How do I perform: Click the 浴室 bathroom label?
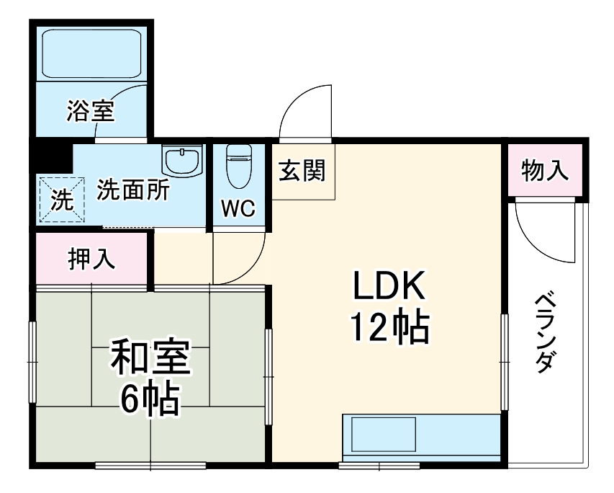(92, 112)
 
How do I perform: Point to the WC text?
(238, 208)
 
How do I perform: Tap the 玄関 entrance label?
(302, 171)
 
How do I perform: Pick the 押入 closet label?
(91, 259)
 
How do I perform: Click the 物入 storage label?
(545, 171)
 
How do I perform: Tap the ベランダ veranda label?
(546, 332)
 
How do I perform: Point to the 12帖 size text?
(389, 328)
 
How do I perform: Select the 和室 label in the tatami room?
(150, 359)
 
